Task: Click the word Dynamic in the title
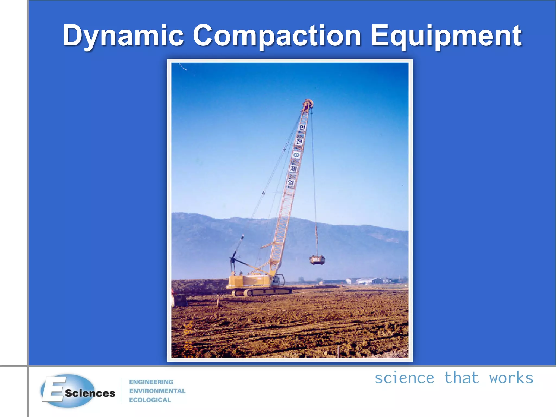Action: [123, 36]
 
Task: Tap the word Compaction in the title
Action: [277, 36]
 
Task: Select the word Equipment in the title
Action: [446, 36]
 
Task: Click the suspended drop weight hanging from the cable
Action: [317, 260]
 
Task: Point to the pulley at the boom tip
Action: [308, 104]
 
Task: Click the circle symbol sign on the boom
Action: [297, 155]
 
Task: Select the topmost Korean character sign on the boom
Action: [302, 128]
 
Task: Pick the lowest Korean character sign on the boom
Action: [291, 183]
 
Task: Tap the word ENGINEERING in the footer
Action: [151, 382]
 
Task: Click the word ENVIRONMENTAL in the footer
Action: [157, 391]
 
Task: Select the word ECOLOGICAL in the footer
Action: [150, 400]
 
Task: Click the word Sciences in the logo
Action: [90, 393]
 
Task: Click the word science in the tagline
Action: [404, 378]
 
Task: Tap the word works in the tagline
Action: [511, 378]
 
